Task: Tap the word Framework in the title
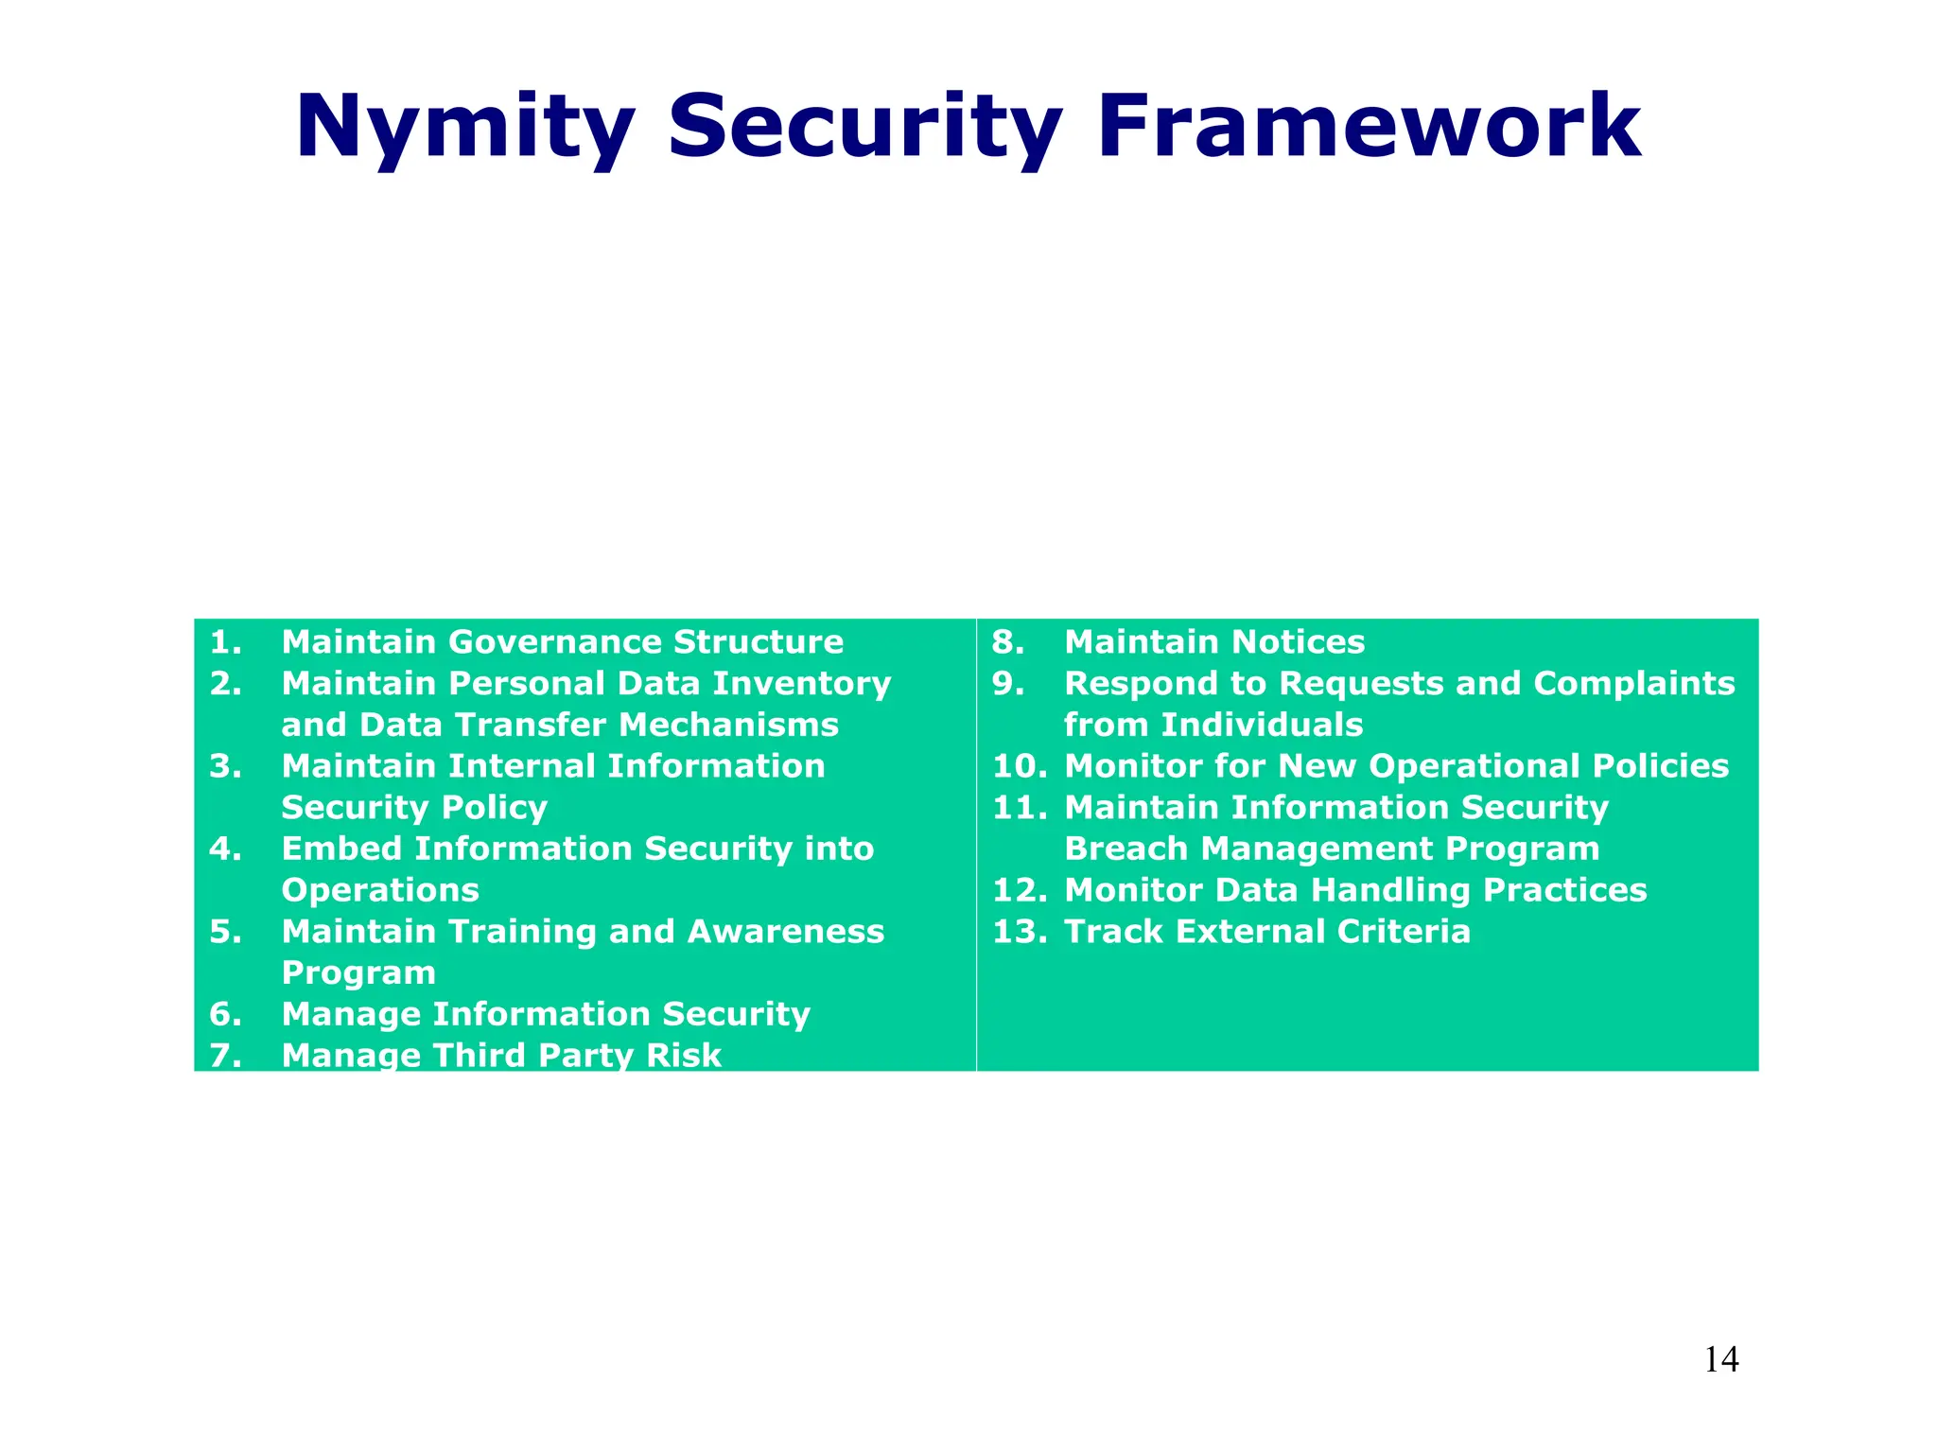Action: (x=1369, y=128)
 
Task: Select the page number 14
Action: (x=1720, y=1360)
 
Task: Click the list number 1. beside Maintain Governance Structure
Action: (x=225, y=642)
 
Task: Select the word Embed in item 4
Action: (x=341, y=849)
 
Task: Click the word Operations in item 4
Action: (x=380, y=890)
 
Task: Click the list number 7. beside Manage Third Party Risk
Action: (x=225, y=1055)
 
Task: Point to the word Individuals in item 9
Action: (x=1261, y=725)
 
